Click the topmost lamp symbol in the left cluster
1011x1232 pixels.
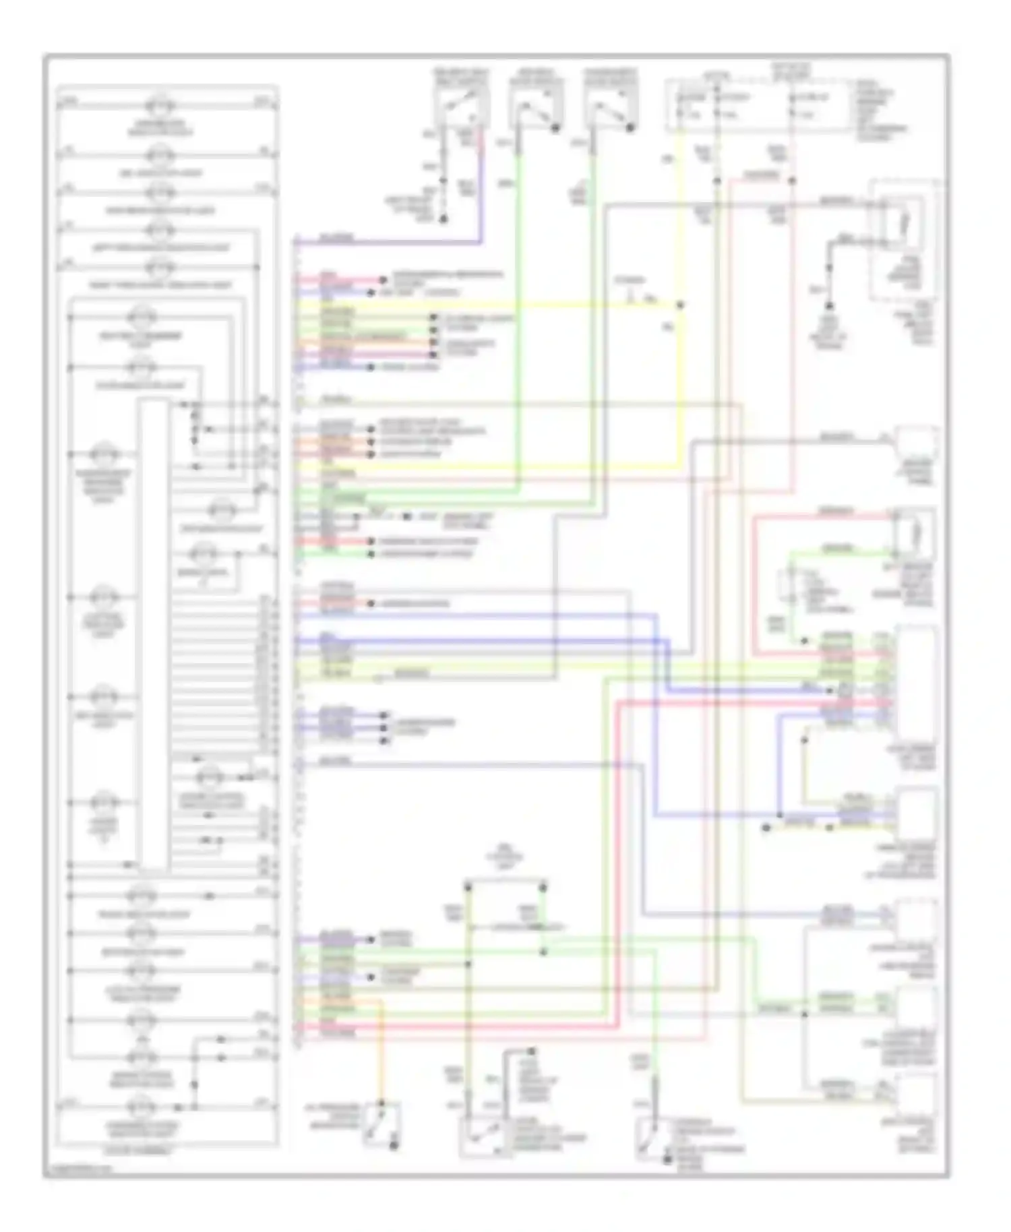[x=160, y=106]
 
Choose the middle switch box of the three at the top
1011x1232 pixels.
[x=536, y=109]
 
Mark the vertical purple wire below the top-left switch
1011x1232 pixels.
[x=481, y=189]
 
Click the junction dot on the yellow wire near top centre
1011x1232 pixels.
[x=680, y=305]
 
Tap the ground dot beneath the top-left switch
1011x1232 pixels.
[x=443, y=219]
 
